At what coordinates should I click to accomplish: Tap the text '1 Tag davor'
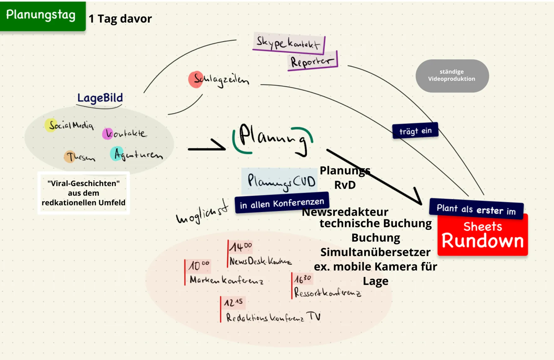(x=120, y=19)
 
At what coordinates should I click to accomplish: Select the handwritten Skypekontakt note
(x=288, y=43)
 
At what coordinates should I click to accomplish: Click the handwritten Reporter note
(x=312, y=61)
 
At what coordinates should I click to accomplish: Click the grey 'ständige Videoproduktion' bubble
(x=452, y=76)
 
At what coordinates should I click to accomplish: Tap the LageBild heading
(x=100, y=98)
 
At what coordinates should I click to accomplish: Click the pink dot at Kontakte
(x=107, y=134)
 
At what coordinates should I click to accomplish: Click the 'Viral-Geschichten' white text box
(x=83, y=193)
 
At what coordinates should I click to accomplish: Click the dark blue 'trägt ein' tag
(x=415, y=130)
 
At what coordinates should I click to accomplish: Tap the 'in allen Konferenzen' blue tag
(x=282, y=203)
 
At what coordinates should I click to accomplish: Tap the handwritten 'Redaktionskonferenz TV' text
(x=273, y=317)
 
